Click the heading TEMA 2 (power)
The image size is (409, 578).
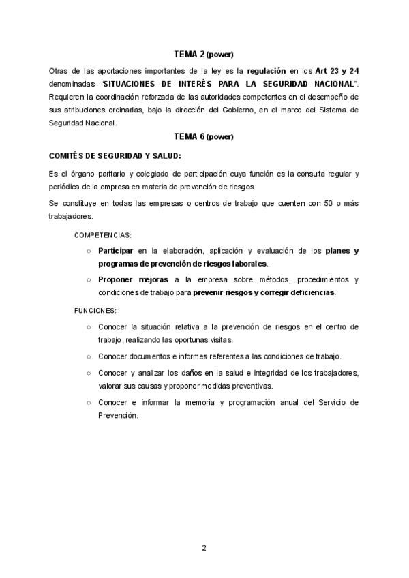pyautogui.click(x=204, y=55)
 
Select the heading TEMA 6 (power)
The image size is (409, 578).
pyautogui.click(x=204, y=136)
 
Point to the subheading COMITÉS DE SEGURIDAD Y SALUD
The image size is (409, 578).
pyautogui.click(x=110, y=155)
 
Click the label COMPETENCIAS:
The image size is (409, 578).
pyautogui.click(x=103, y=234)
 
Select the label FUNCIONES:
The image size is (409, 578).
pyautogui.click(x=95, y=310)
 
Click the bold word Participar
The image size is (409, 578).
pyautogui.click(x=115, y=251)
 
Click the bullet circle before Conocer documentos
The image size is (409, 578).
pyautogui.click(x=89, y=356)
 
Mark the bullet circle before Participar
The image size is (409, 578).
pyautogui.click(x=89, y=252)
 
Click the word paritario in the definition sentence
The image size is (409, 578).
pyautogui.click(x=103, y=174)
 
